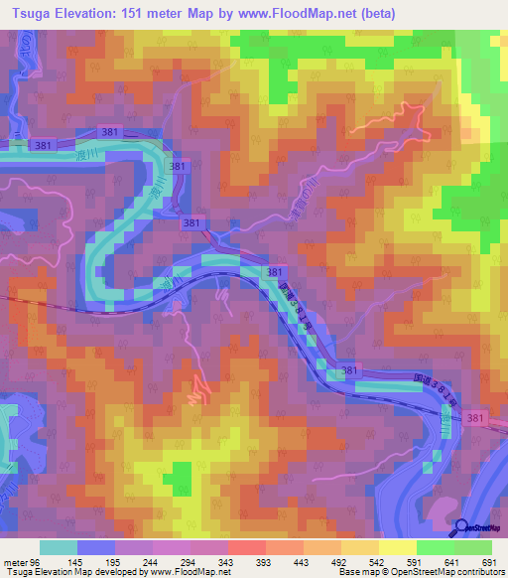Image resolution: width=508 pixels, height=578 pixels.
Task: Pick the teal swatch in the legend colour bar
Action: pyautogui.click(x=59, y=548)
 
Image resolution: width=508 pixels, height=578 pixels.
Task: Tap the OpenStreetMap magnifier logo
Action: pyautogui.click(x=463, y=526)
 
